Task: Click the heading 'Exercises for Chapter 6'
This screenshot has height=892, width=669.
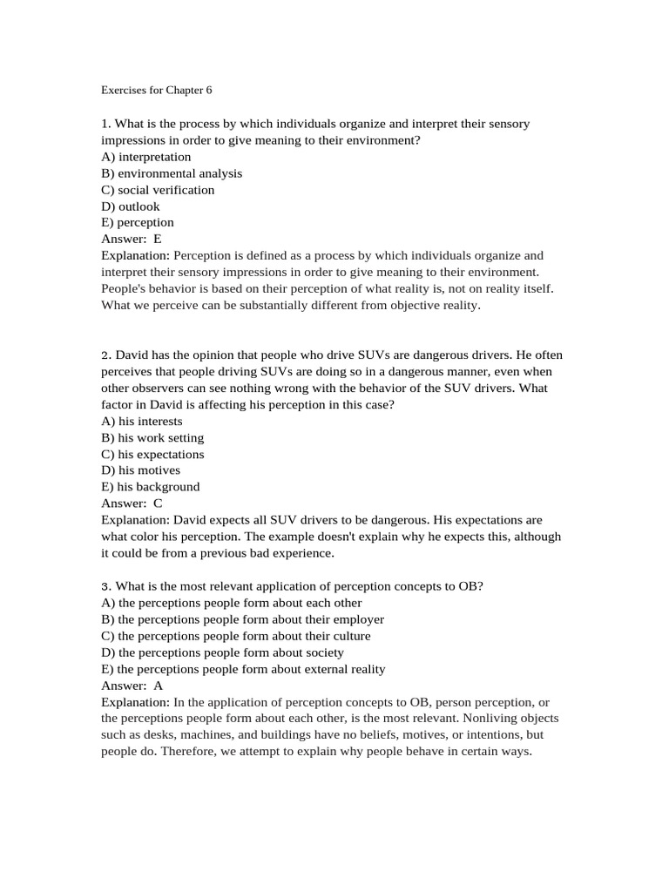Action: coord(157,90)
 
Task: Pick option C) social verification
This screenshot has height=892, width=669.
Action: coord(158,190)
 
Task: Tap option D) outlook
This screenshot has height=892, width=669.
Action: coord(131,206)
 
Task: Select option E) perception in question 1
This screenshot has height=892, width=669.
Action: coord(138,223)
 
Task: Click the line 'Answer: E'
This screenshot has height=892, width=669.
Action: coord(132,239)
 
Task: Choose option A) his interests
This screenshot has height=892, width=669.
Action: coord(142,421)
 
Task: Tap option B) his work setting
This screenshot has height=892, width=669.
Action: coord(152,437)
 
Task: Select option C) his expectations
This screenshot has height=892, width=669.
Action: coord(152,454)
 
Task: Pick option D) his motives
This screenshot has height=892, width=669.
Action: coord(141,470)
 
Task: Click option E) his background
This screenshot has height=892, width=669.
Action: coord(151,487)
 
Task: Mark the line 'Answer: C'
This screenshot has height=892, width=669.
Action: coord(132,503)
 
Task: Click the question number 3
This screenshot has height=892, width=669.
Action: coord(105,586)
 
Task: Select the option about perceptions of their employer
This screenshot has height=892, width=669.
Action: coord(243,619)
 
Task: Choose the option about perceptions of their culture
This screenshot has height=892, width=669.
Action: coord(236,636)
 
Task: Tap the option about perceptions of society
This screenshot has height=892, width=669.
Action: coord(223,652)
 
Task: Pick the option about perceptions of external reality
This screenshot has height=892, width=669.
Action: coord(243,669)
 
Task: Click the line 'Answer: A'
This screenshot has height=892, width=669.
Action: coord(132,686)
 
